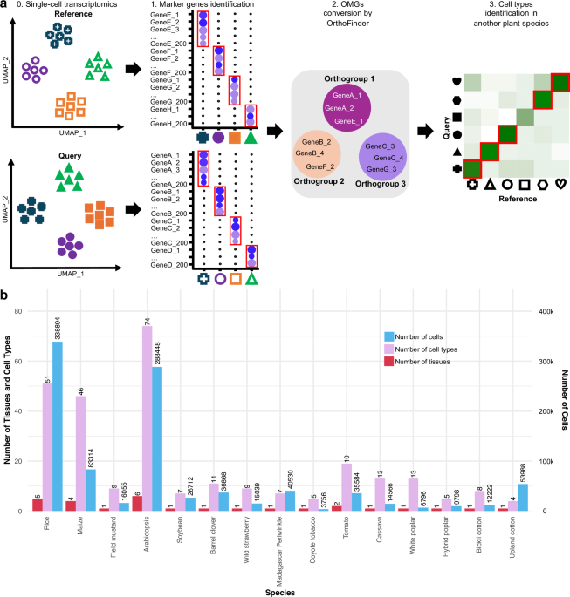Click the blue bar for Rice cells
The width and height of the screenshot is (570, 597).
pos(58,414)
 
